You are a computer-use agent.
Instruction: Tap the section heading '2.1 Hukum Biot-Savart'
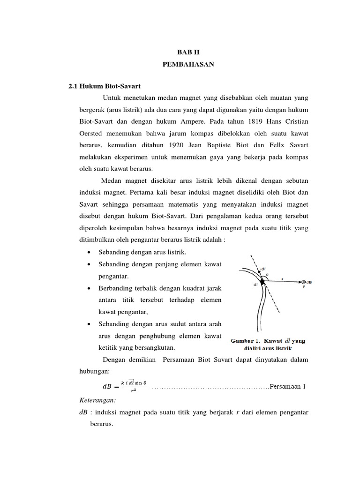click(105, 86)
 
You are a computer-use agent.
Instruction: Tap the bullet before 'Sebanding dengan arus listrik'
click(89, 253)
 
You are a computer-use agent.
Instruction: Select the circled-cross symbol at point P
click(303, 282)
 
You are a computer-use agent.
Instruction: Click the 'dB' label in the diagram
click(310, 282)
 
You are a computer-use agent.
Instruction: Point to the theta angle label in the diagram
click(268, 275)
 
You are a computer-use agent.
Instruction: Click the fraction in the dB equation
click(134, 386)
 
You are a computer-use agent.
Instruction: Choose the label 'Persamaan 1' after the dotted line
click(288, 386)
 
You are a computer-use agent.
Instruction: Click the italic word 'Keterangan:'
click(96, 401)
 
